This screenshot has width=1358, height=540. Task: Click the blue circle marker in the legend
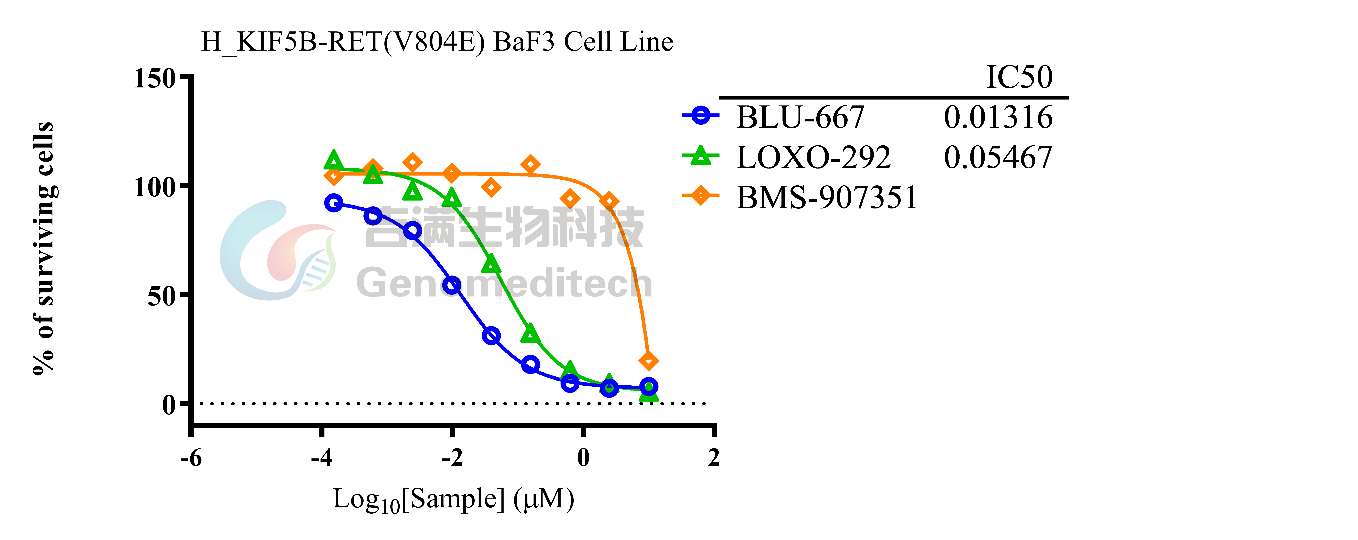[701, 115]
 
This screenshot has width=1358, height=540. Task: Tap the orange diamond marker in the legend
[701, 195]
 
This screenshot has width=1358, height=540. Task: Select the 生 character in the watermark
[481, 228]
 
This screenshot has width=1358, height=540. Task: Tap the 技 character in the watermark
[622, 228]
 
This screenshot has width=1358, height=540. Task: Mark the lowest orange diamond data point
[648, 361]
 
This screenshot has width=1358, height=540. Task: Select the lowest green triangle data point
[648, 394]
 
